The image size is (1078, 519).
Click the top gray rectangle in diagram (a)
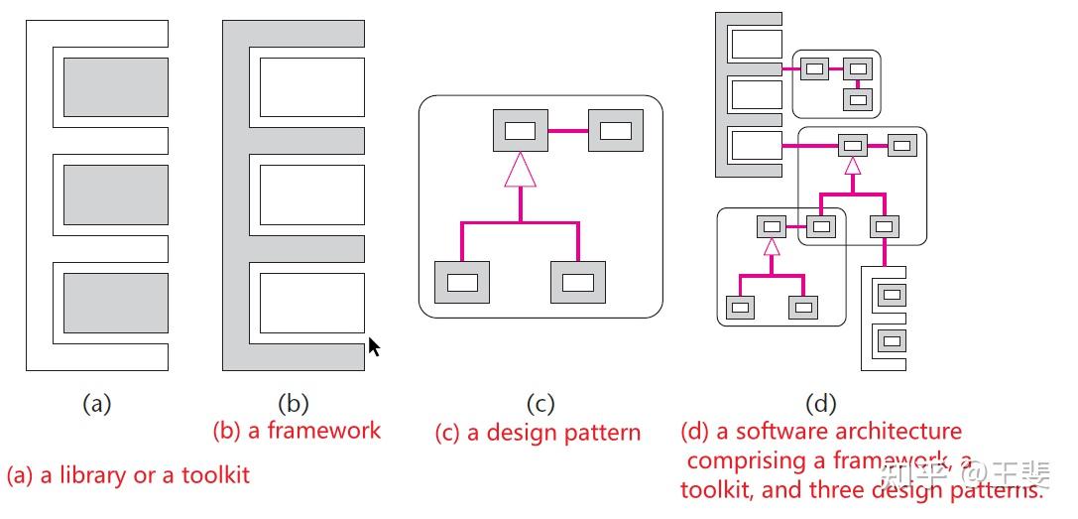pos(115,86)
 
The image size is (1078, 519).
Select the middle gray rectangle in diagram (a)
pos(115,195)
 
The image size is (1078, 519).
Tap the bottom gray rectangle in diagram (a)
pos(115,302)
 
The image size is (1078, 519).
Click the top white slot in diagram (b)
pos(311,86)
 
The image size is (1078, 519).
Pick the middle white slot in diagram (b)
pos(311,195)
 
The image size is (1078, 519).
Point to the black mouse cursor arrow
pos(374,346)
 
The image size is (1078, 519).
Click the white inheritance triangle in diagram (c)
pos(520,170)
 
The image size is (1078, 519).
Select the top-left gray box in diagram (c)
pos(520,130)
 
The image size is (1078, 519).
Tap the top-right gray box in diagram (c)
pos(615,130)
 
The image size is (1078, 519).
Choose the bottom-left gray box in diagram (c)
pos(462,282)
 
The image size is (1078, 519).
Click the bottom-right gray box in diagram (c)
pos(577,282)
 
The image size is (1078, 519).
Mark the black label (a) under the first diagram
pos(95,404)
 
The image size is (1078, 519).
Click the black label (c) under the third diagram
pos(539,404)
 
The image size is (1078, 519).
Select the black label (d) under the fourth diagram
pos(821,404)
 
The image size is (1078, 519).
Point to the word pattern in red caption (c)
pos(602,434)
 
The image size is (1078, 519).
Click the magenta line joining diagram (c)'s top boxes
pos(567,130)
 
